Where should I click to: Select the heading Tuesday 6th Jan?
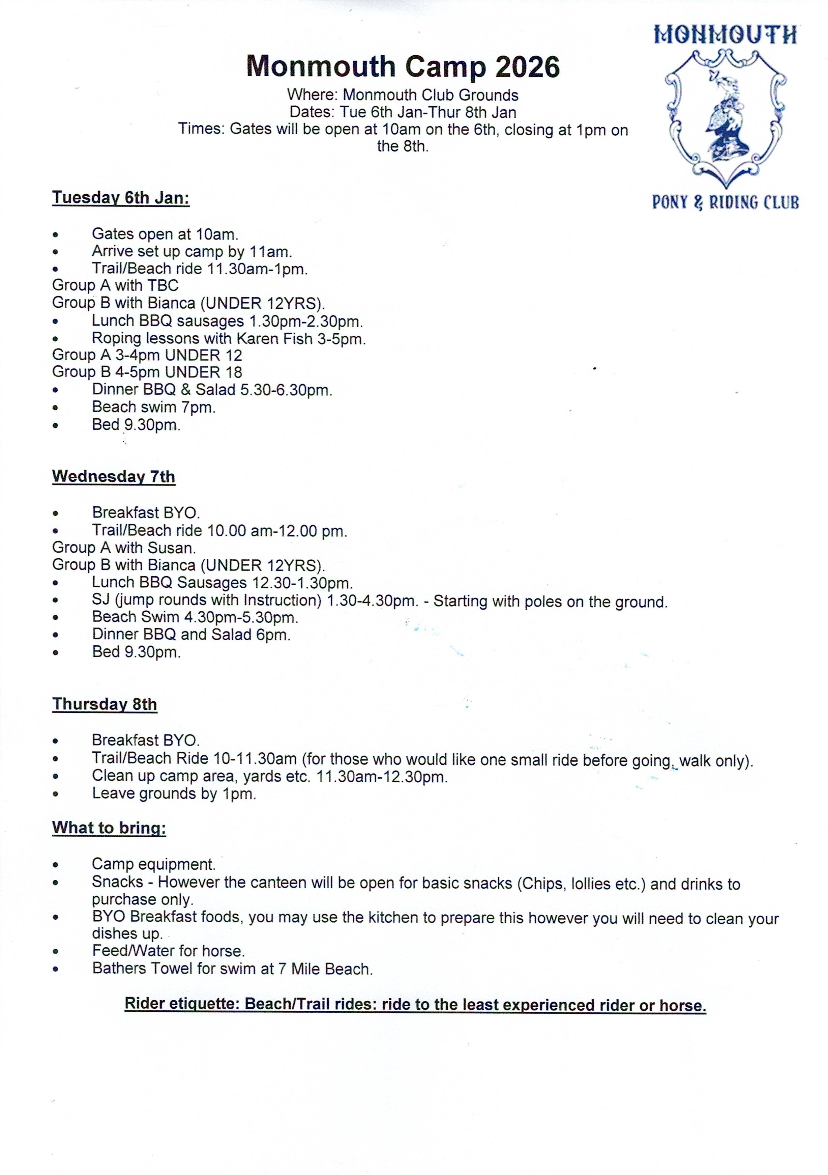pos(121,198)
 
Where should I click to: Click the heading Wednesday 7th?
pos(114,476)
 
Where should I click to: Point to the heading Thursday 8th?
pos(104,704)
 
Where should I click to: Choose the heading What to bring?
pos(109,828)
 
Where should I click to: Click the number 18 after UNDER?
pos(234,372)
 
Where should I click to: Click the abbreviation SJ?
pos(101,600)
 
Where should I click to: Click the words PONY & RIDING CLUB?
pos(725,203)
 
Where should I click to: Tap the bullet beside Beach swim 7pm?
pos(55,408)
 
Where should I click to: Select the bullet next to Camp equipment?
pos(55,865)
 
